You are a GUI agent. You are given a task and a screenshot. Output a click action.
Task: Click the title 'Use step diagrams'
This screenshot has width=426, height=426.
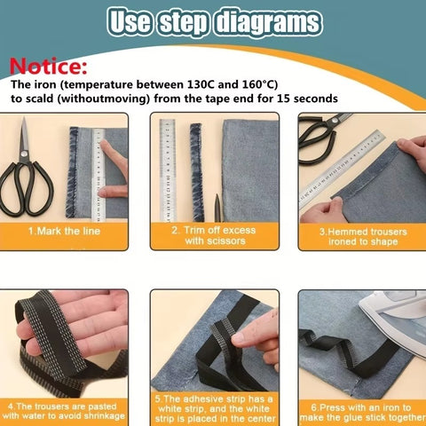(x=213, y=21)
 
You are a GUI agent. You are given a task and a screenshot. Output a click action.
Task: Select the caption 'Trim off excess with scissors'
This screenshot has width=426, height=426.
(x=213, y=234)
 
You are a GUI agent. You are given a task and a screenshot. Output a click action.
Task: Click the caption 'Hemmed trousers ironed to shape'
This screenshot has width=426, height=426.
(x=362, y=235)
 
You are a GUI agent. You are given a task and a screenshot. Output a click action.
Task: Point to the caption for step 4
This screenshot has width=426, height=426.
(x=64, y=410)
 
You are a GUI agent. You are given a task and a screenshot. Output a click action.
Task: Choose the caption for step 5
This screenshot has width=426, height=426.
(x=213, y=409)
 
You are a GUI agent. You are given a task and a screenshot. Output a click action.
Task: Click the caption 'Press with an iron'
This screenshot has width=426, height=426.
(x=362, y=410)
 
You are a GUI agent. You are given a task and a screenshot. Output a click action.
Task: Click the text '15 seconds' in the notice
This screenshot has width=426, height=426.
(x=300, y=99)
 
